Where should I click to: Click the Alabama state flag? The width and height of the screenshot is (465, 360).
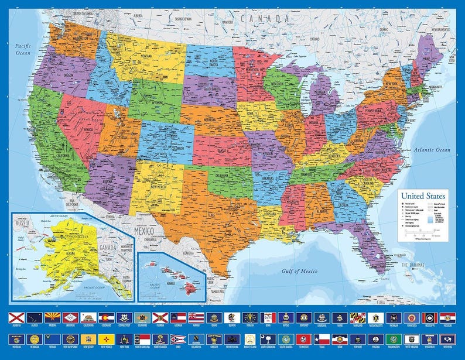pyautogui.click(x=16, y=317)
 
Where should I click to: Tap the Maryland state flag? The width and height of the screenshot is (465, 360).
pyautogui.click(x=357, y=317)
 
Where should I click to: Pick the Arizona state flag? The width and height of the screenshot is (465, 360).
pyautogui.click(x=52, y=317)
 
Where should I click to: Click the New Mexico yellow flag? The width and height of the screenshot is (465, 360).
pyautogui.click(x=107, y=339)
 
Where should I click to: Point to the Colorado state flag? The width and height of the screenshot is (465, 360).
pyautogui.click(x=107, y=317)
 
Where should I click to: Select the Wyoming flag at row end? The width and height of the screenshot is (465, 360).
pyautogui.click(x=447, y=339)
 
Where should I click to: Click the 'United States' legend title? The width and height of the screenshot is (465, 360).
pyautogui.click(x=423, y=196)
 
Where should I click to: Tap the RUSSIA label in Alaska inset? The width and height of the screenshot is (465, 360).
pyautogui.click(x=23, y=223)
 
